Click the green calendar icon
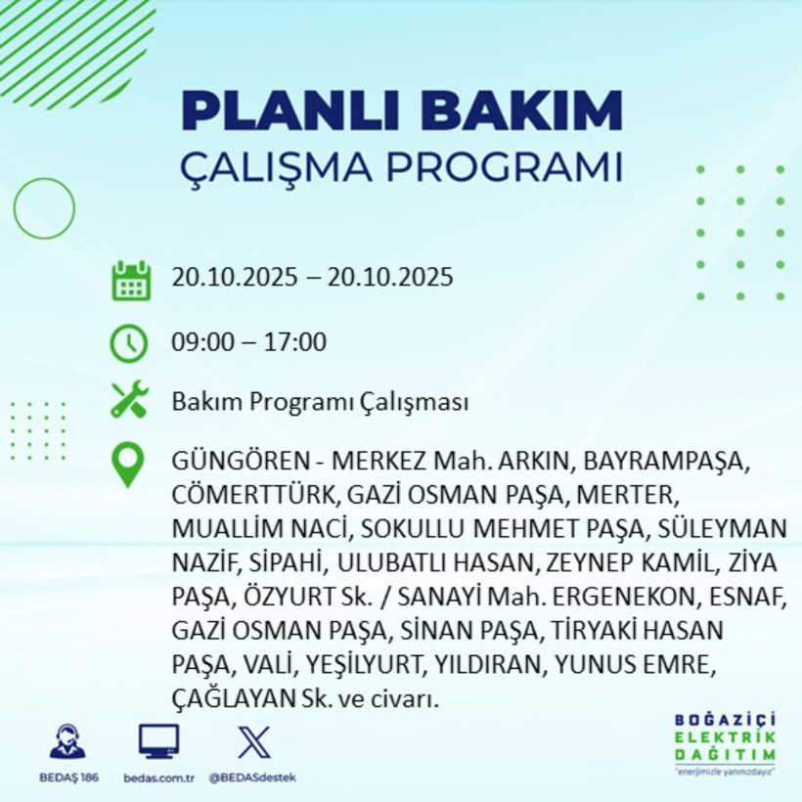(x=130, y=280)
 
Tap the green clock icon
(x=129, y=343)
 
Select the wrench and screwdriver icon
(x=129, y=400)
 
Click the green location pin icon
(x=129, y=466)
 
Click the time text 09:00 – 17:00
(x=248, y=342)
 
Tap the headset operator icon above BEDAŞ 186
(x=67, y=742)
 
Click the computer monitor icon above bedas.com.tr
(x=158, y=742)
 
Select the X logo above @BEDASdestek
(x=253, y=742)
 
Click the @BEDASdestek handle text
(x=253, y=778)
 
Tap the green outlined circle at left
(x=44, y=208)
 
